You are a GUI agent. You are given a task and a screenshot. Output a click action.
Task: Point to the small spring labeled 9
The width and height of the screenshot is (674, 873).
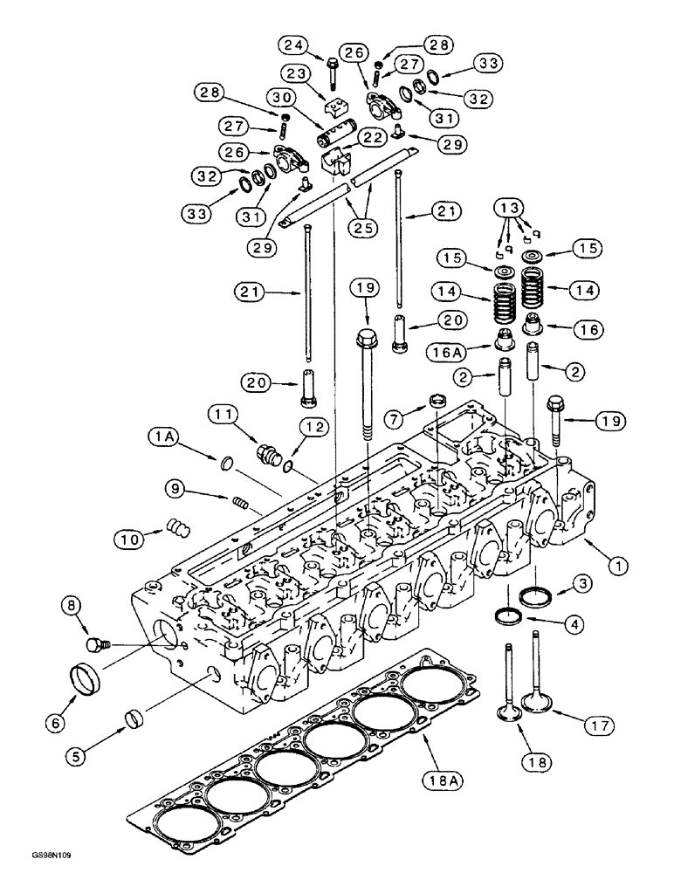coord(240,504)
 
